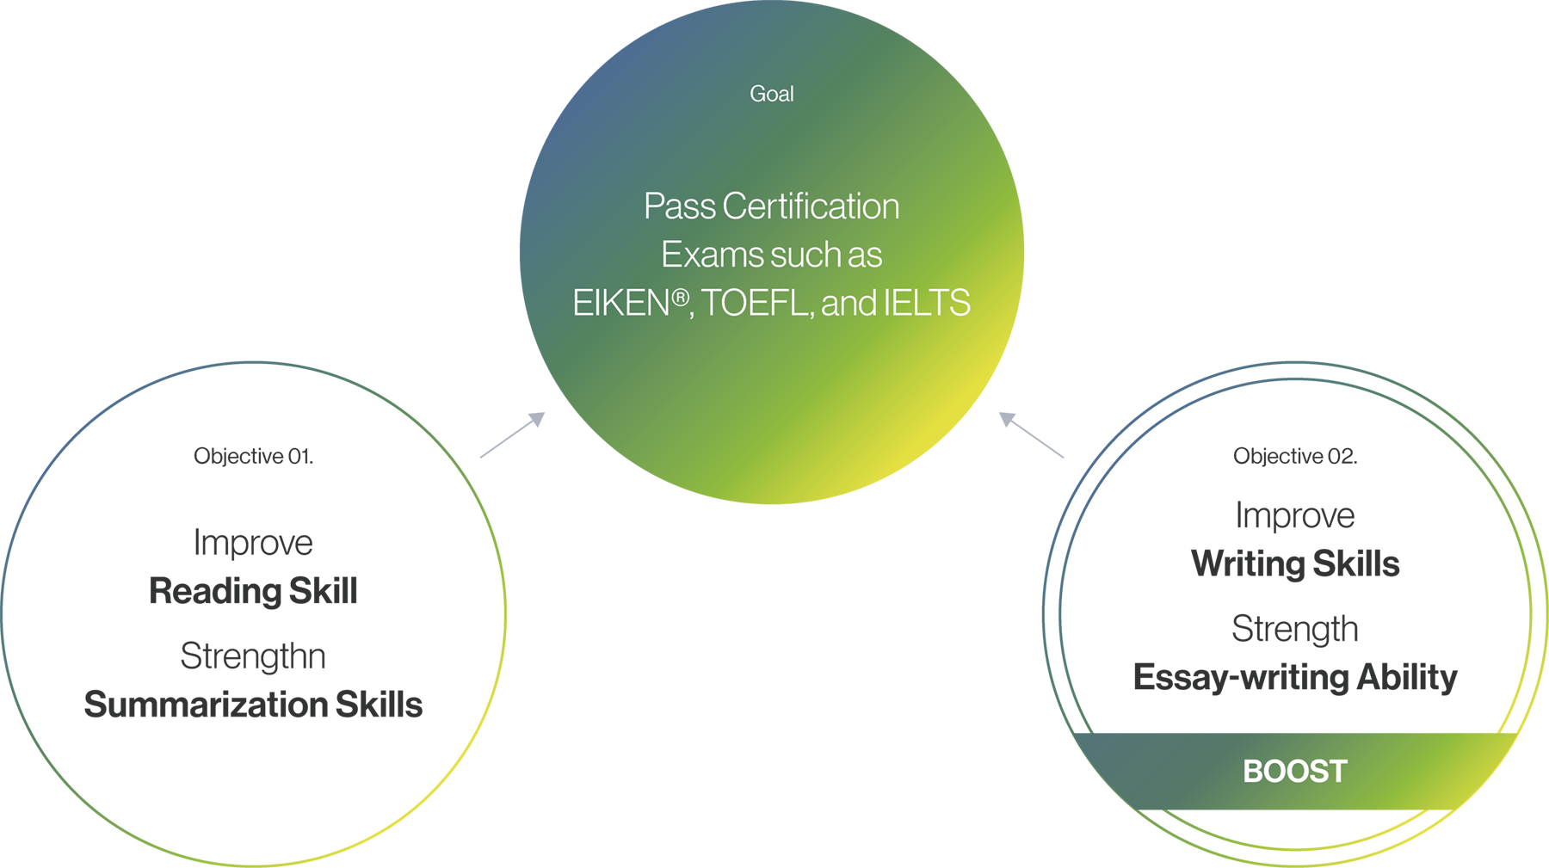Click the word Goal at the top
coord(771,94)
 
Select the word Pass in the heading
coord(679,206)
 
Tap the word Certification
coord(811,206)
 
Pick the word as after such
coord(865,255)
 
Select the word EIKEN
coord(620,303)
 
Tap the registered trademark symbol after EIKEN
coord(680,298)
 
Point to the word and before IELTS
coord(849,303)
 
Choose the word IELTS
coord(927,303)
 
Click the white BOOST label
coord(1294,772)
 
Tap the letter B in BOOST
coord(1252,772)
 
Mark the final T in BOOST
coord(1337,772)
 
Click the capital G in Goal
coord(757,94)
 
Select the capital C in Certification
coord(733,206)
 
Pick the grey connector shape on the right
coord(1029,436)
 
